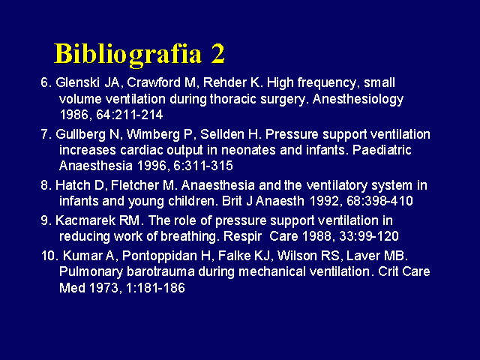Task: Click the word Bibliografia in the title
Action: [128, 55]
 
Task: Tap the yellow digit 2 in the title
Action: [217, 53]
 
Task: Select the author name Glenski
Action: [78, 82]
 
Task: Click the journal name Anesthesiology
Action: [358, 100]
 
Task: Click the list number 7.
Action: [45, 134]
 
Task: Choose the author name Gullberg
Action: [80, 135]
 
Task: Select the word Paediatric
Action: [382, 150]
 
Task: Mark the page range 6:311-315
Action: [203, 166]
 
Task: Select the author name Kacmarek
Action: [85, 220]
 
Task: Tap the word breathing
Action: [188, 237]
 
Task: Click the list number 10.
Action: [49, 256]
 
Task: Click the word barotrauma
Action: [160, 271]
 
